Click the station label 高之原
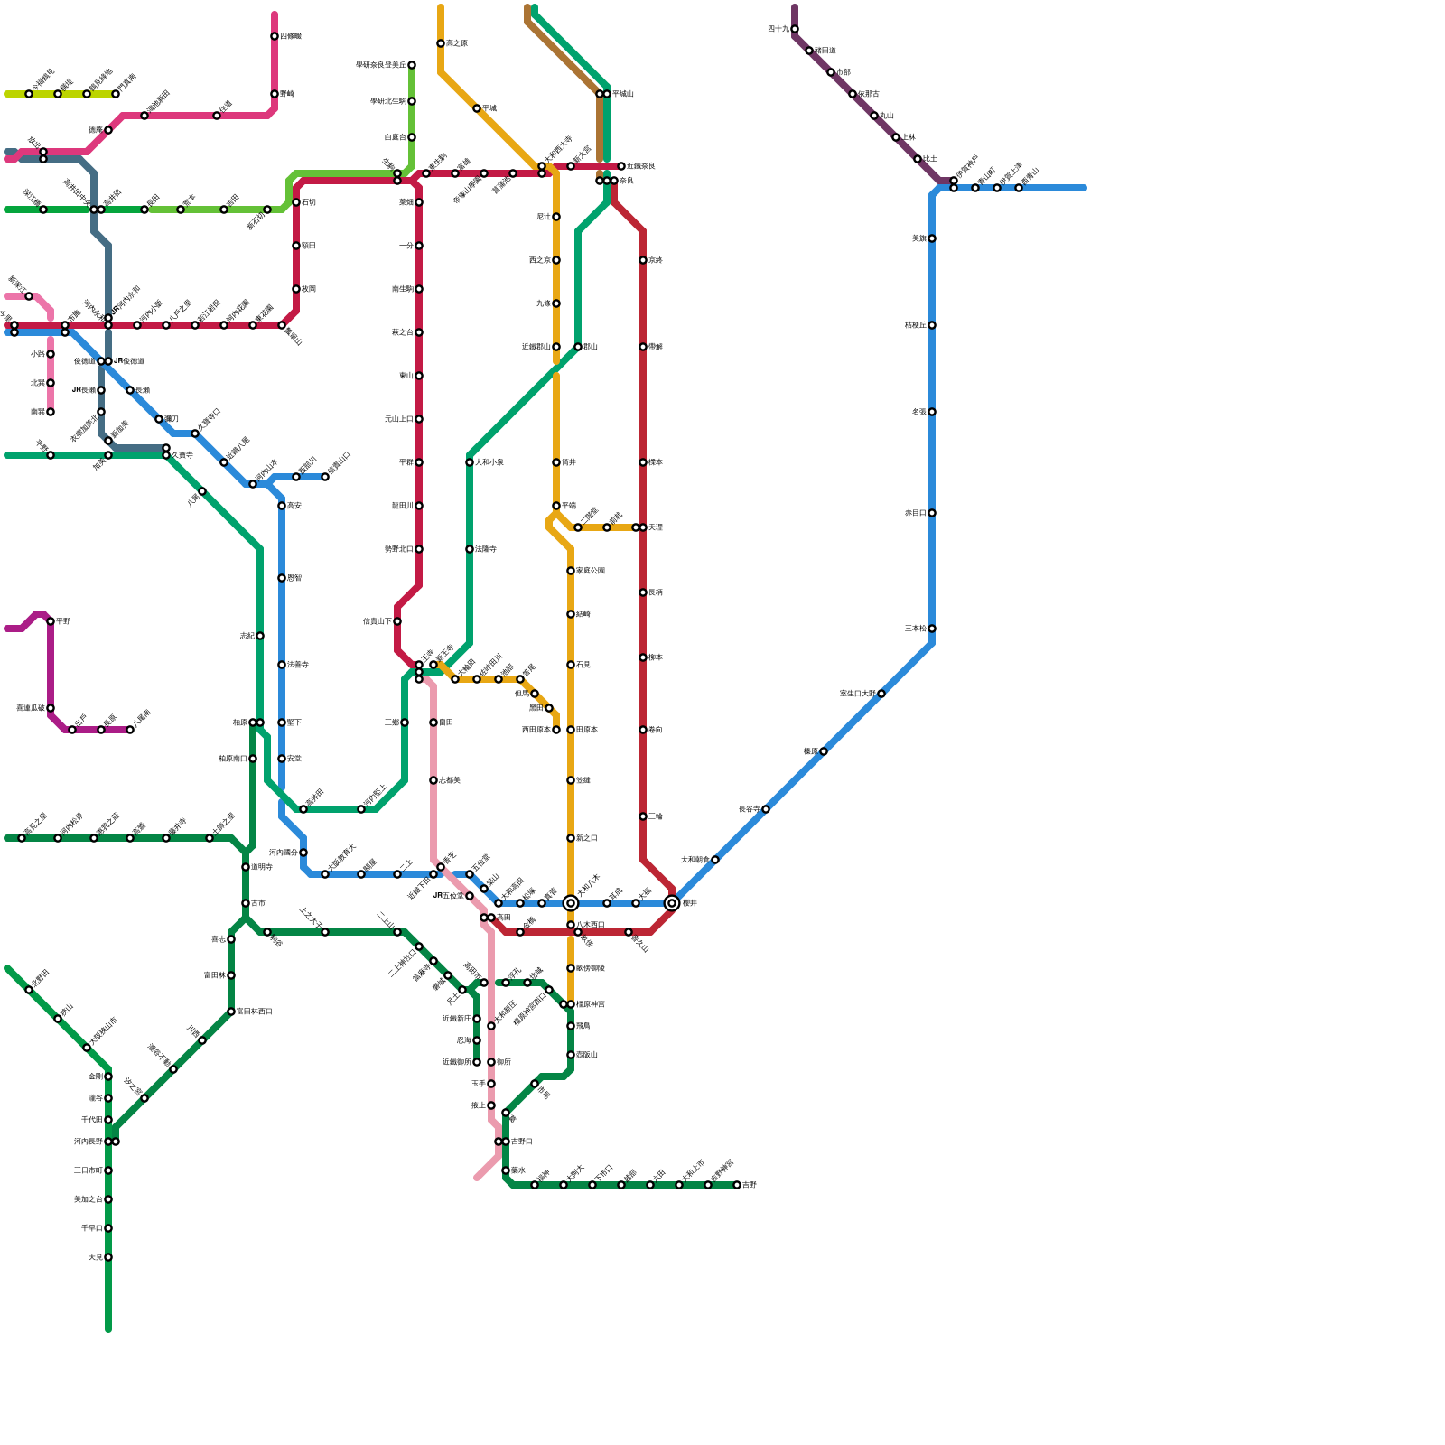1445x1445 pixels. tap(457, 43)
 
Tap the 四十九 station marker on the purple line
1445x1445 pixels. tap(795, 29)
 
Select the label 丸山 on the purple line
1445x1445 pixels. tap(887, 116)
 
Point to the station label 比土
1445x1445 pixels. tap(930, 159)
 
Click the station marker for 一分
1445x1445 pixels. tap(419, 246)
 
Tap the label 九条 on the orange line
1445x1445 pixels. tap(543, 303)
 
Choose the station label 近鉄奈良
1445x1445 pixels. tap(641, 166)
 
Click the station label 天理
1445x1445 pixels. tap(656, 527)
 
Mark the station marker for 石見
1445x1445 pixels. tap(571, 665)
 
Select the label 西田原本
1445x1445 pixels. tap(536, 730)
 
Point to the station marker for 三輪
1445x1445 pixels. tap(643, 816)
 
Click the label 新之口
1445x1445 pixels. tap(587, 838)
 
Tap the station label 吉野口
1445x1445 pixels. tap(522, 1142)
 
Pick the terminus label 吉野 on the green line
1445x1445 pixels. tap(750, 1185)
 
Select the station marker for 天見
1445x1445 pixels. tap(108, 1257)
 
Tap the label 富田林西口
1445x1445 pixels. tap(255, 1011)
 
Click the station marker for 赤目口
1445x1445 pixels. tap(932, 513)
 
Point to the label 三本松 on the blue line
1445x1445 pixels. tap(915, 629)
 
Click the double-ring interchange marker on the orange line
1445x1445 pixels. tap(571, 903)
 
